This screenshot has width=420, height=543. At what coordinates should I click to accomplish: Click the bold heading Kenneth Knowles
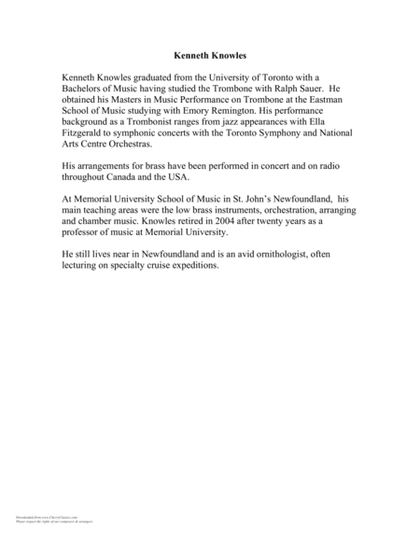click(x=209, y=55)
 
